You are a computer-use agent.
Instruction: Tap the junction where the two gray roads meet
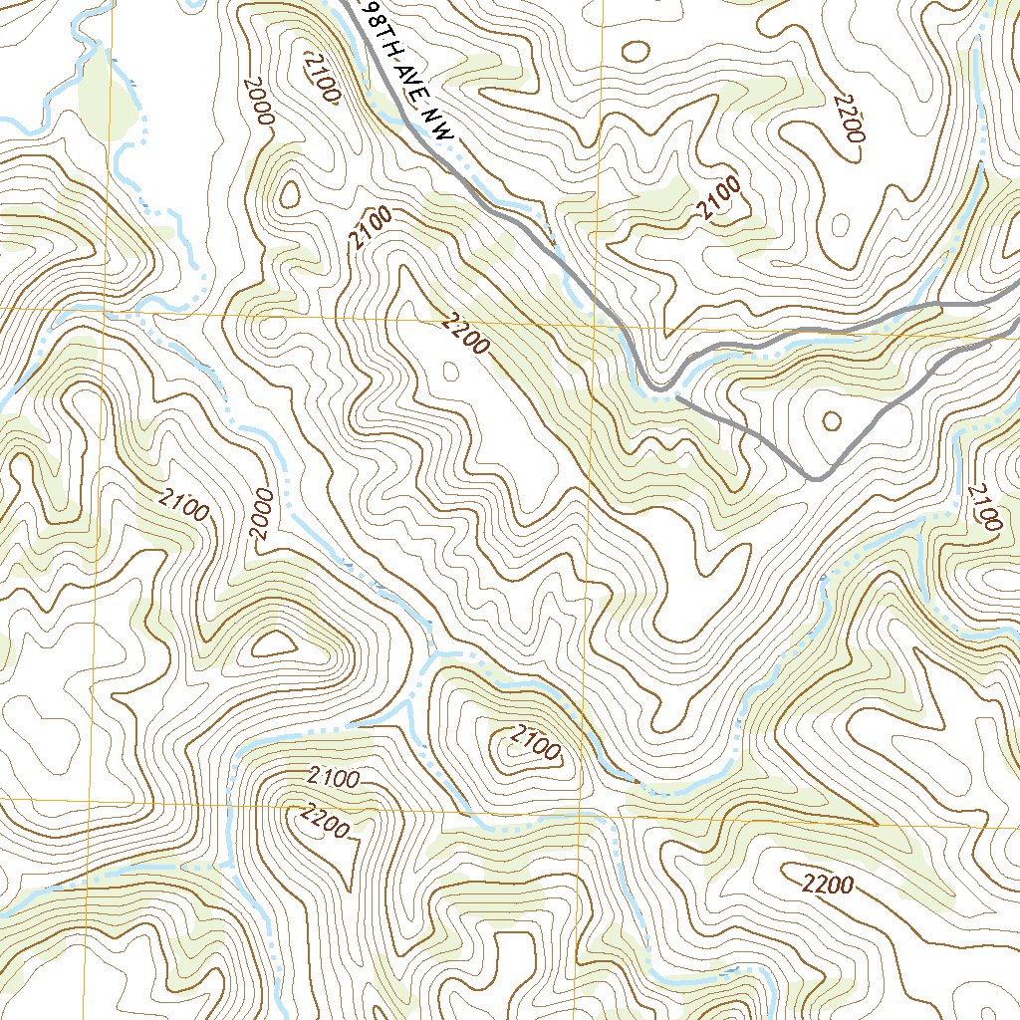(677, 395)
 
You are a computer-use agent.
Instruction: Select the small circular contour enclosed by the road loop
(831, 421)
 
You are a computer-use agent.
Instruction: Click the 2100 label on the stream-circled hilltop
(535, 742)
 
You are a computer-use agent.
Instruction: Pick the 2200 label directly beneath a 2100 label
(323, 822)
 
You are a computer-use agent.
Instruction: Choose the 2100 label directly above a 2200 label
(334, 776)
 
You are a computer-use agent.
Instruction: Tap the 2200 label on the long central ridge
(463, 334)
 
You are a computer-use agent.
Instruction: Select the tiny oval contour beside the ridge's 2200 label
(449, 372)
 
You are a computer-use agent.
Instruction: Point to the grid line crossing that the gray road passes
(596, 325)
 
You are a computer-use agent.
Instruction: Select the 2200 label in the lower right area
(827, 883)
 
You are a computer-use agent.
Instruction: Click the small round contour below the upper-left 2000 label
(289, 195)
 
